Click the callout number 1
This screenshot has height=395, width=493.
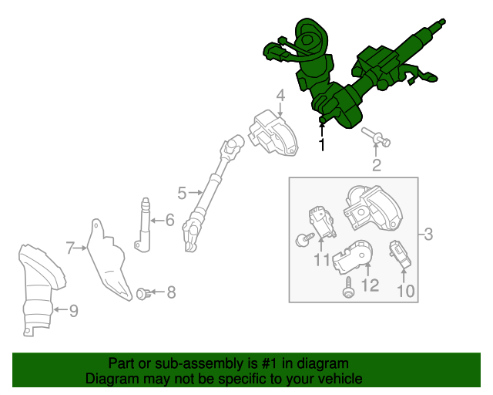pos(321,144)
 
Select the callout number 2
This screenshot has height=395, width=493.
pos(377,165)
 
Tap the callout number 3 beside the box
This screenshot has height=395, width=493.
pos(428,235)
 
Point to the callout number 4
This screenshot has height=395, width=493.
pos(280,95)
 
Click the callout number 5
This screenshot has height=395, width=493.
pos(182,193)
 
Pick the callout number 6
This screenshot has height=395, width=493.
pos(169,220)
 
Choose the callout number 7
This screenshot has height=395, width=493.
pos(70,248)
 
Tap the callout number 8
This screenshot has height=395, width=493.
pos(171,292)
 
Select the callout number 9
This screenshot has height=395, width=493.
pos(74,311)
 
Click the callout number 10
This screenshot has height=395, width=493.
pos(406,291)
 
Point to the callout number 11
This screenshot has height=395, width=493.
pos(322,260)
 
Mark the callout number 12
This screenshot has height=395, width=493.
pos(370,285)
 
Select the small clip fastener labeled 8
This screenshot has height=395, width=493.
pos(143,294)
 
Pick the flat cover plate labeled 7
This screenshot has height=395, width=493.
pos(109,259)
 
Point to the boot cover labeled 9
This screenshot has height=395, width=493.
pos(40,289)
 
